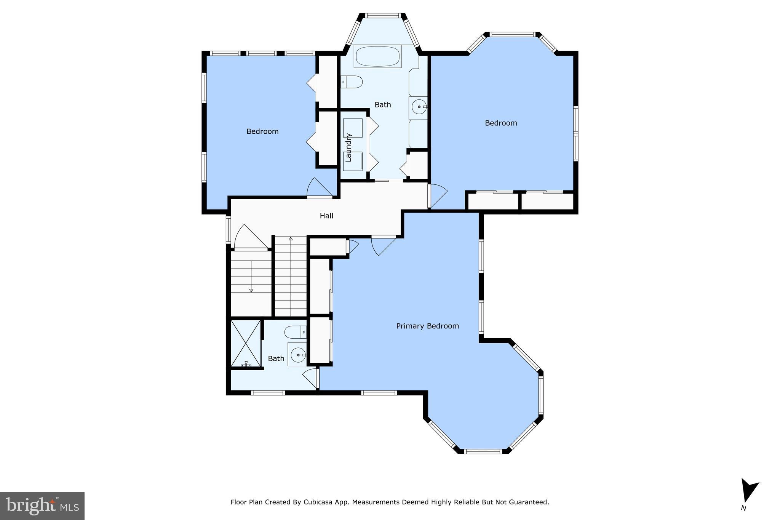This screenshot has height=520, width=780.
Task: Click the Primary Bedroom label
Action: tap(427, 326)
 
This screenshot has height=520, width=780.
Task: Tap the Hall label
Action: tap(326, 216)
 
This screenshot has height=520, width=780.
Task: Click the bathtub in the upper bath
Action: tap(377, 57)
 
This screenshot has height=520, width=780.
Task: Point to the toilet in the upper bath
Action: tap(352, 82)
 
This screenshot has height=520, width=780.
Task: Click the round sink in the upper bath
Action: tap(419, 107)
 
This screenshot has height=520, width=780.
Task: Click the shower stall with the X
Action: tap(246, 344)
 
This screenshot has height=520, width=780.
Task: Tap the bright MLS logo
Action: tap(42, 506)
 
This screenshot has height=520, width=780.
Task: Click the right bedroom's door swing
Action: tap(437, 195)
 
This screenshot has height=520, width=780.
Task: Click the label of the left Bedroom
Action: tap(262, 131)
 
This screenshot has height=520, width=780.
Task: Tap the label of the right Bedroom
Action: tap(501, 123)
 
